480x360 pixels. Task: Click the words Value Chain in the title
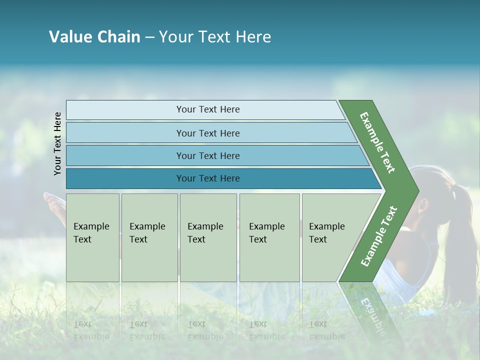click(x=94, y=37)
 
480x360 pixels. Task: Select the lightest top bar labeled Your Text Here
click(x=208, y=109)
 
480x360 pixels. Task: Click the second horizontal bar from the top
click(x=208, y=133)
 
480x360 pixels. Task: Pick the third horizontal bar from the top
click(x=208, y=155)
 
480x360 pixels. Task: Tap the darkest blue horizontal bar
click(x=208, y=178)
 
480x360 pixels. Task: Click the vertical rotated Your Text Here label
click(x=57, y=144)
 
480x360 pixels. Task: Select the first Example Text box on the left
click(x=92, y=237)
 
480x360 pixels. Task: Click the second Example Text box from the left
click(x=149, y=237)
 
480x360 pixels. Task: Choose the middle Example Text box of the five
click(x=208, y=237)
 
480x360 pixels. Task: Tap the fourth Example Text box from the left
click(x=269, y=237)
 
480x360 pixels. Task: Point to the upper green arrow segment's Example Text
click(x=377, y=142)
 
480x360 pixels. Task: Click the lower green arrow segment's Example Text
click(x=379, y=236)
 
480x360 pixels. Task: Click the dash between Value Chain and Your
click(x=149, y=37)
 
